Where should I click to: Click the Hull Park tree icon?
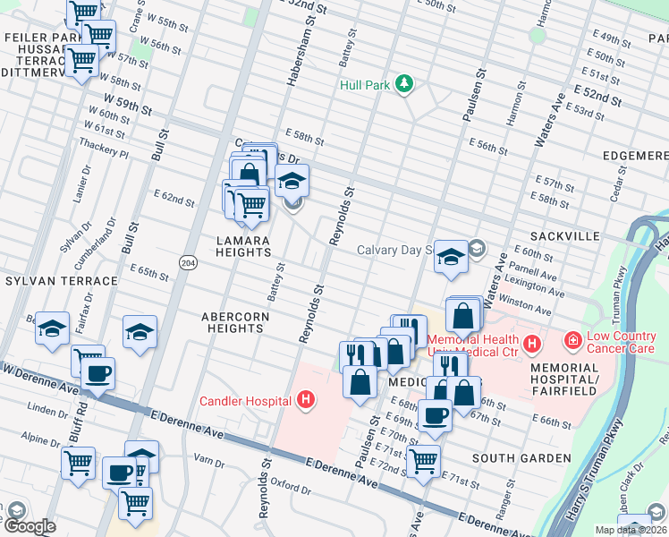point(405,84)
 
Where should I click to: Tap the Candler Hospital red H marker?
point(307,399)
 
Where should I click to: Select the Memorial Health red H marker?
point(532,343)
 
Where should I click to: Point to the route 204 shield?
point(187,262)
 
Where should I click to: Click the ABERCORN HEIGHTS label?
point(233,322)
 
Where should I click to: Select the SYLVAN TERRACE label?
point(61,281)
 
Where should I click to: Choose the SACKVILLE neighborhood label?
point(563,236)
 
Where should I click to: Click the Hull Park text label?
point(366,85)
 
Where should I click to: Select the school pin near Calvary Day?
point(452,258)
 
